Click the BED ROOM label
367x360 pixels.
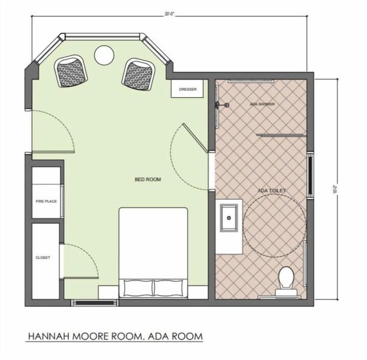click(x=148, y=179)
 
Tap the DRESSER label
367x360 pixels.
click(x=188, y=89)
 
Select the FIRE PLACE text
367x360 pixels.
click(x=46, y=201)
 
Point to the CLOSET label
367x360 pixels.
click(x=43, y=258)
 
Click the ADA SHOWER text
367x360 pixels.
click(x=262, y=104)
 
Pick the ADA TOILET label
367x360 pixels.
click(x=272, y=191)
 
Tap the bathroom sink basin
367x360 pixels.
click(x=229, y=218)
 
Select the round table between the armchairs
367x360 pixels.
click(x=104, y=55)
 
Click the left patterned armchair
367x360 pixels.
click(x=72, y=71)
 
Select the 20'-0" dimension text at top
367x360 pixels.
click(x=169, y=14)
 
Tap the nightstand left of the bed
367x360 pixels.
click(x=108, y=293)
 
